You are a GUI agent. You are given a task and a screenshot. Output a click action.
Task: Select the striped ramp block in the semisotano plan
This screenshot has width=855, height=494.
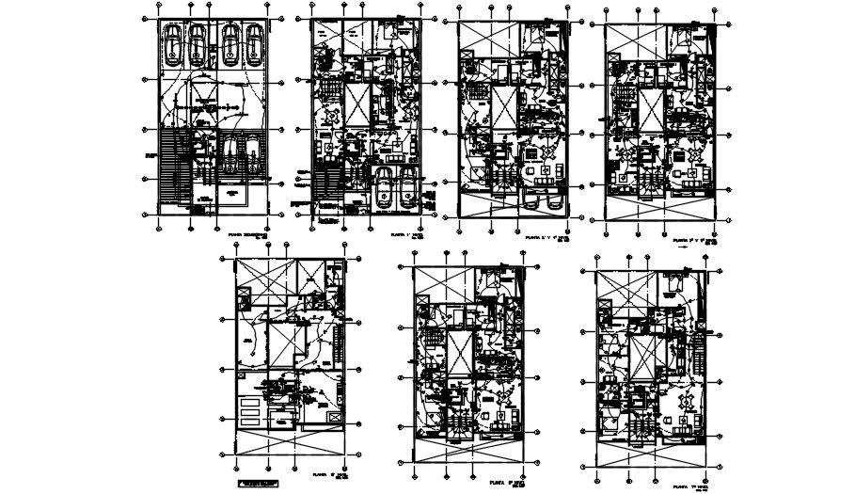click(169, 169)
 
